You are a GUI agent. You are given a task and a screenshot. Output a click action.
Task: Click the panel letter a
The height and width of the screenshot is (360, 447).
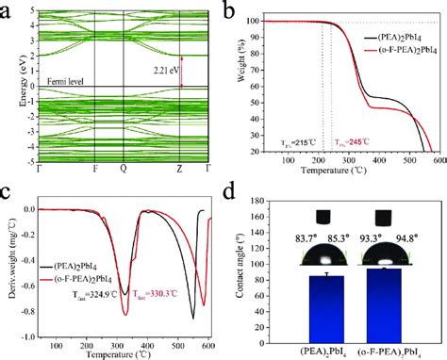pyautogui.click(x=8, y=9)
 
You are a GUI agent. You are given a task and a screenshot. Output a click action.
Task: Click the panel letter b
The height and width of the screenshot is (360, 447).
pyautogui.click(x=235, y=9)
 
